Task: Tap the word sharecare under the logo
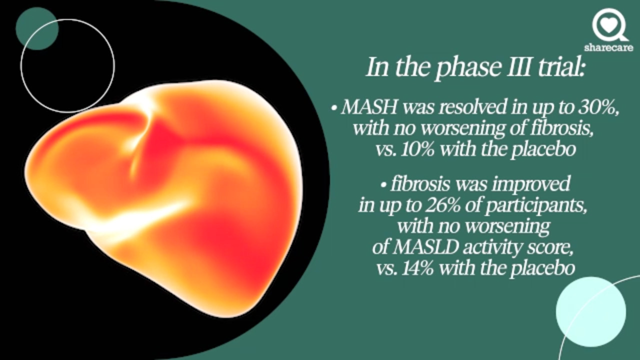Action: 608,48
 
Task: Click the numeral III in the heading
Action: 515,67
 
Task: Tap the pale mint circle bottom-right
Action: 590,311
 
